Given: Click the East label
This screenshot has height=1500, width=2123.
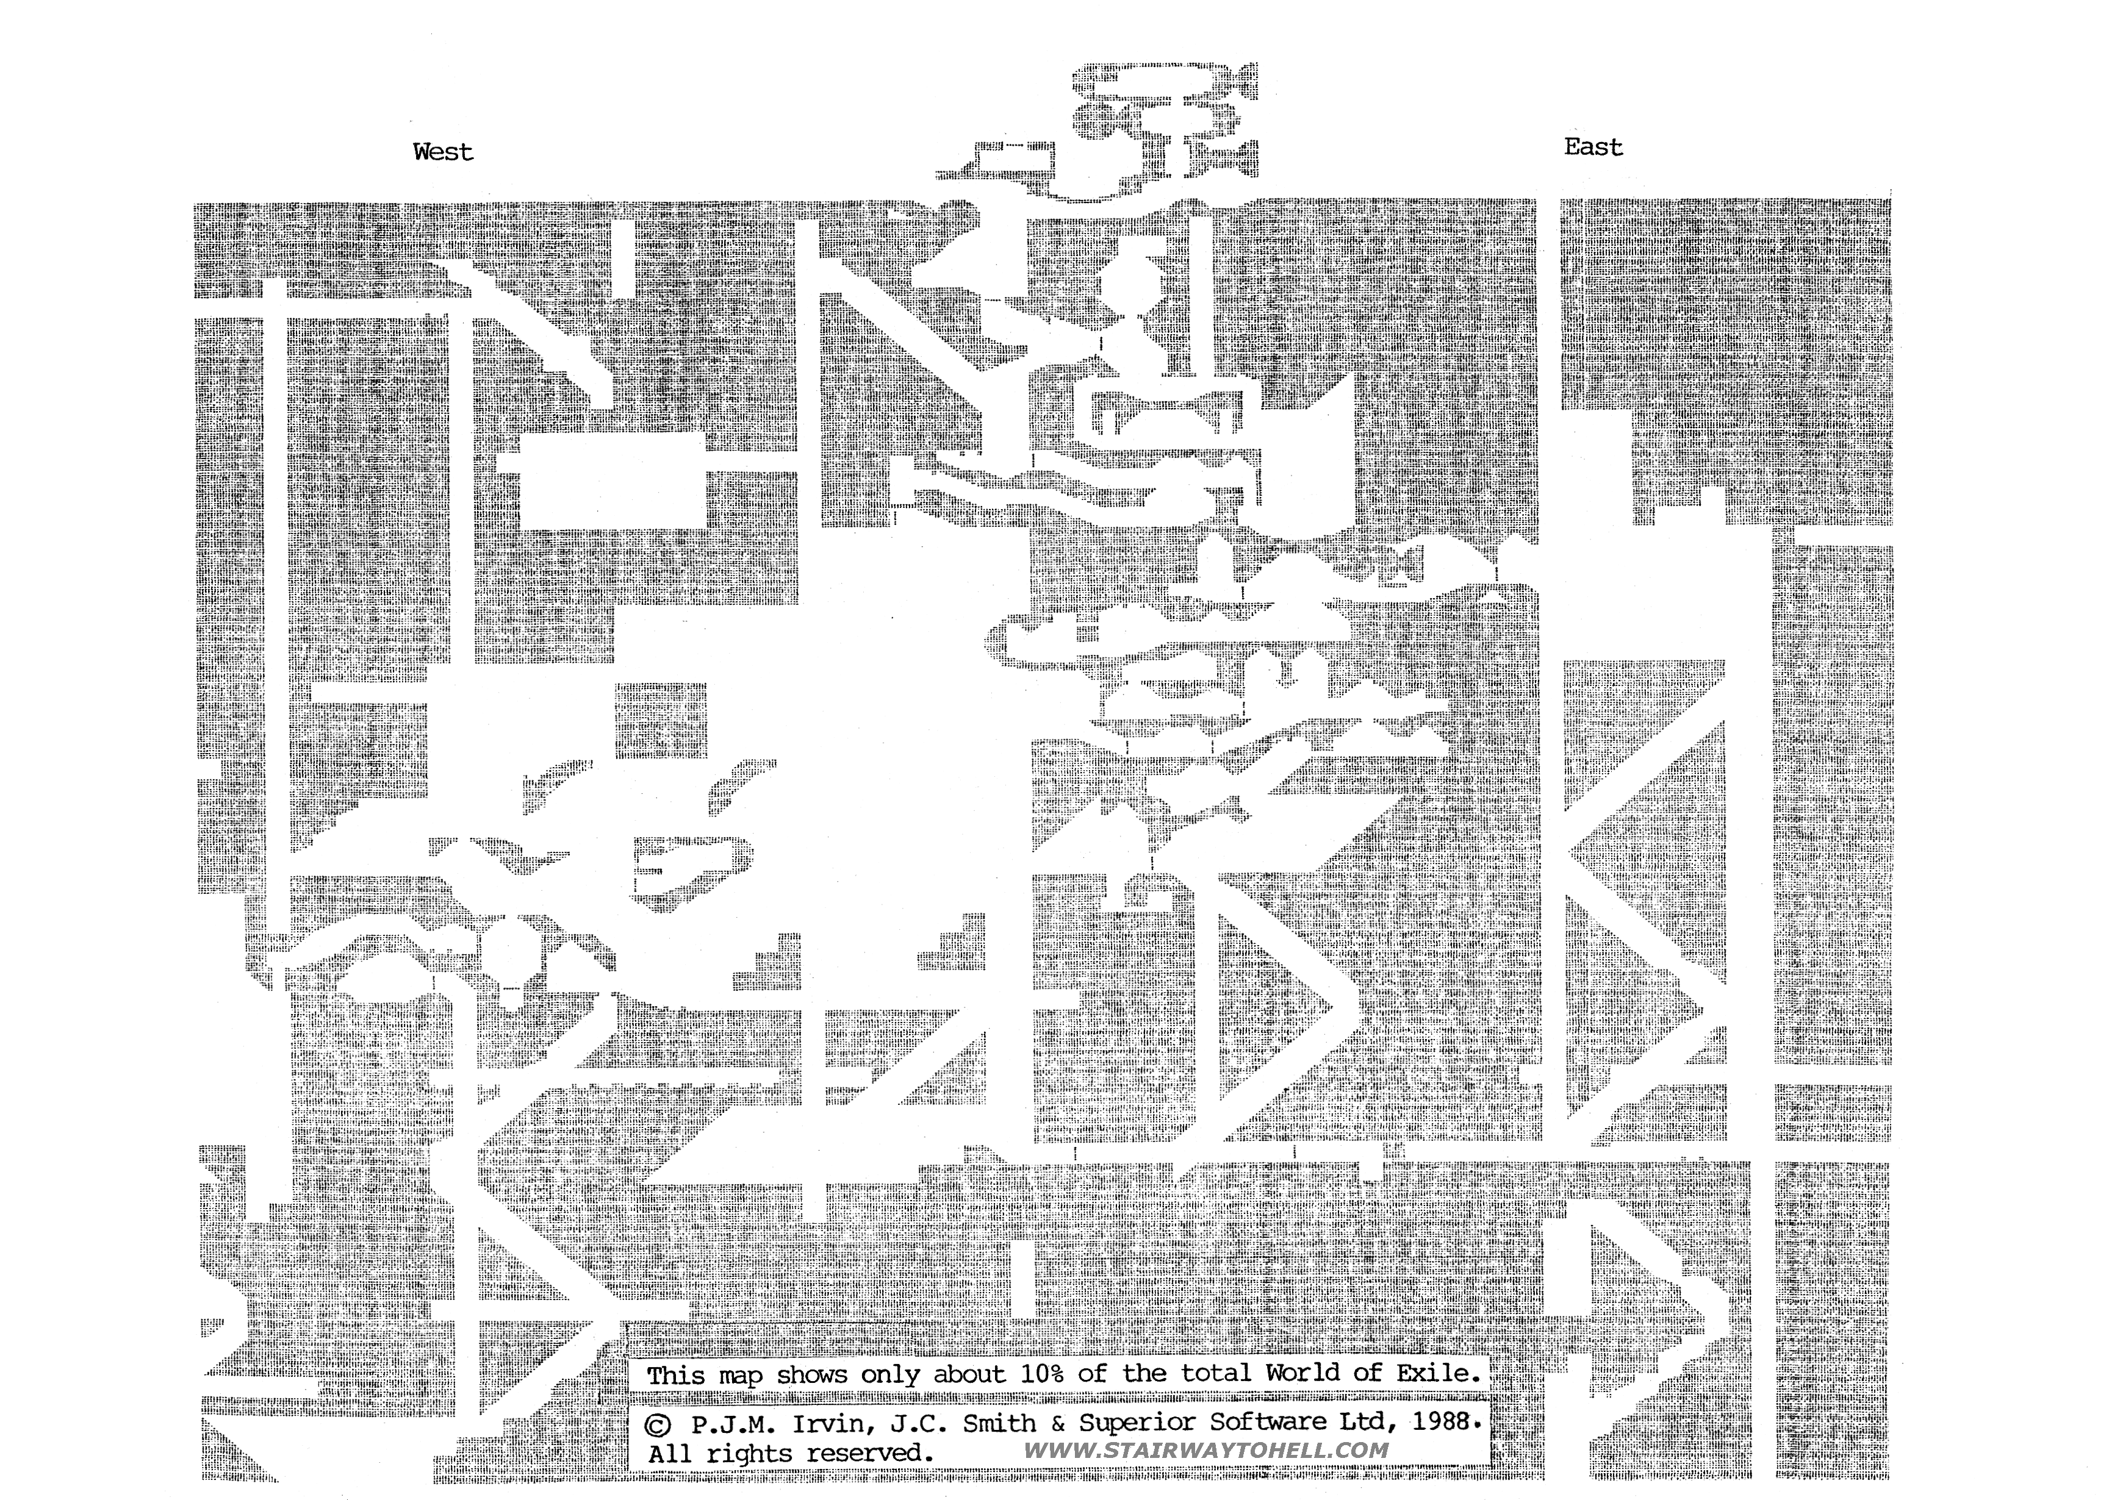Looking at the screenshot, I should pyautogui.click(x=1592, y=147).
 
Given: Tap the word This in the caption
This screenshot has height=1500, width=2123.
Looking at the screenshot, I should pyautogui.click(x=675, y=1375).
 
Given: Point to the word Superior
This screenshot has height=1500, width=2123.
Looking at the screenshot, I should pyautogui.click(x=1135, y=1423).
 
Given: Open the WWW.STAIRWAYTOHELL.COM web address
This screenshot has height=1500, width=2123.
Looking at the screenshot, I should pyautogui.click(x=1207, y=1451).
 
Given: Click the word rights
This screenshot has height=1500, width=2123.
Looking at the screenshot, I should pyautogui.click(x=748, y=1454).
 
